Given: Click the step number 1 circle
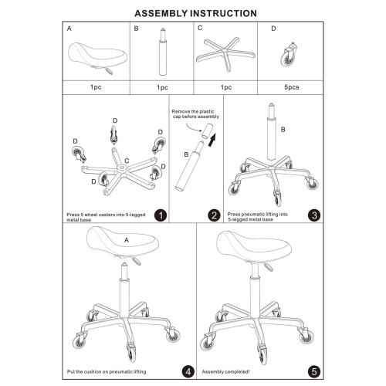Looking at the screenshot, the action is pyautogui.click(x=161, y=215).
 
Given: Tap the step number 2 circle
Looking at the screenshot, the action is pyautogui.click(x=215, y=215).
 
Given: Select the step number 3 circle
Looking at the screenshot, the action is pyautogui.click(x=314, y=215).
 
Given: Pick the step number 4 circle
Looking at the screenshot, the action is pyautogui.click(x=188, y=371).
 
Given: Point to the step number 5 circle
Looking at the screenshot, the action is pyautogui.click(x=314, y=371).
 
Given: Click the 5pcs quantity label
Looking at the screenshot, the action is pyautogui.click(x=292, y=87).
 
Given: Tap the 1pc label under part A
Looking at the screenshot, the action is pyautogui.click(x=96, y=87).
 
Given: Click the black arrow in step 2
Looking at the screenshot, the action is pyautogui.click(x=212, y=140).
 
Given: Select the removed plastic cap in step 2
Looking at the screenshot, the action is pyautogui.click(x=207, y=131).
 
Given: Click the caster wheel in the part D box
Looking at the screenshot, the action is pyautogui.click(x=289, y=55).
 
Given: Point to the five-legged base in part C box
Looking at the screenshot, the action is pyautogui.click(x=225, y=54).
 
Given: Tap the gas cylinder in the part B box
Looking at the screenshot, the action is pyautogui.click(x=162, y=52).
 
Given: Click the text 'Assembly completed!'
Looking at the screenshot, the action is pyautogui.click(x=225, y=372).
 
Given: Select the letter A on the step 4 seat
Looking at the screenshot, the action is pyautogui.click(x=127, y=240).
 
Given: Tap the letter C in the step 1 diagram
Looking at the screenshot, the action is pyautogui.click(x=127, y=161).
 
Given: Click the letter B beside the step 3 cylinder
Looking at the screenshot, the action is pyautogui.click(x=283, y=130).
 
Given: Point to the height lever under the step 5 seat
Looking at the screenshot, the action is pyautogui.click(x=268, y=266).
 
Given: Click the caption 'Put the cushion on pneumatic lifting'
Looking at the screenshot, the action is pyautogui.click(x=107, y=372).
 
